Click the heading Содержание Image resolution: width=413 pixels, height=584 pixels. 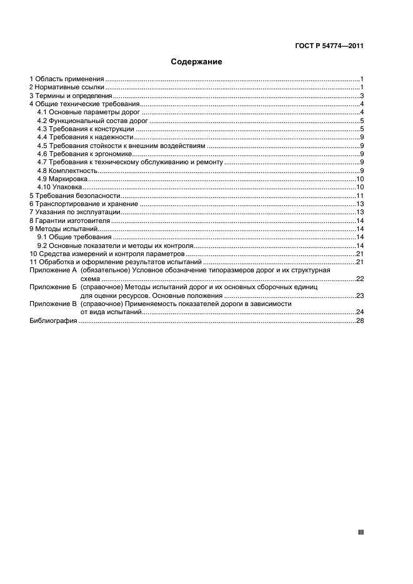(196, 62)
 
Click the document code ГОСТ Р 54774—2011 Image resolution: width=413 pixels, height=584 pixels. (329, 46)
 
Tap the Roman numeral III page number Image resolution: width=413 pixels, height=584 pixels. (361, 532)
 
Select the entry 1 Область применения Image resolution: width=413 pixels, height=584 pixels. (66, 79)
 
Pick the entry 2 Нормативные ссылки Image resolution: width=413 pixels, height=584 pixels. (67, 87)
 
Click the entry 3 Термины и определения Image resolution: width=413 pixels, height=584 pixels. (71, 96)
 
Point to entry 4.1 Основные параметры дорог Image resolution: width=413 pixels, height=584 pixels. (89, 112)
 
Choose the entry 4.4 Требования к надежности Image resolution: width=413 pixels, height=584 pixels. (86, 137)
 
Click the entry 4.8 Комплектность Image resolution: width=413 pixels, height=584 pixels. (67, 171)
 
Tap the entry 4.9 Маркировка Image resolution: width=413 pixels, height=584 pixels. (63, 179)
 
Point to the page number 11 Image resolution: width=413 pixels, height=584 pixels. (360, 195)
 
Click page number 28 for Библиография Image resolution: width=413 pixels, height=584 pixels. (360, 320)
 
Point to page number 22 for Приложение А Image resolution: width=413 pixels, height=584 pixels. (360, 279)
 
